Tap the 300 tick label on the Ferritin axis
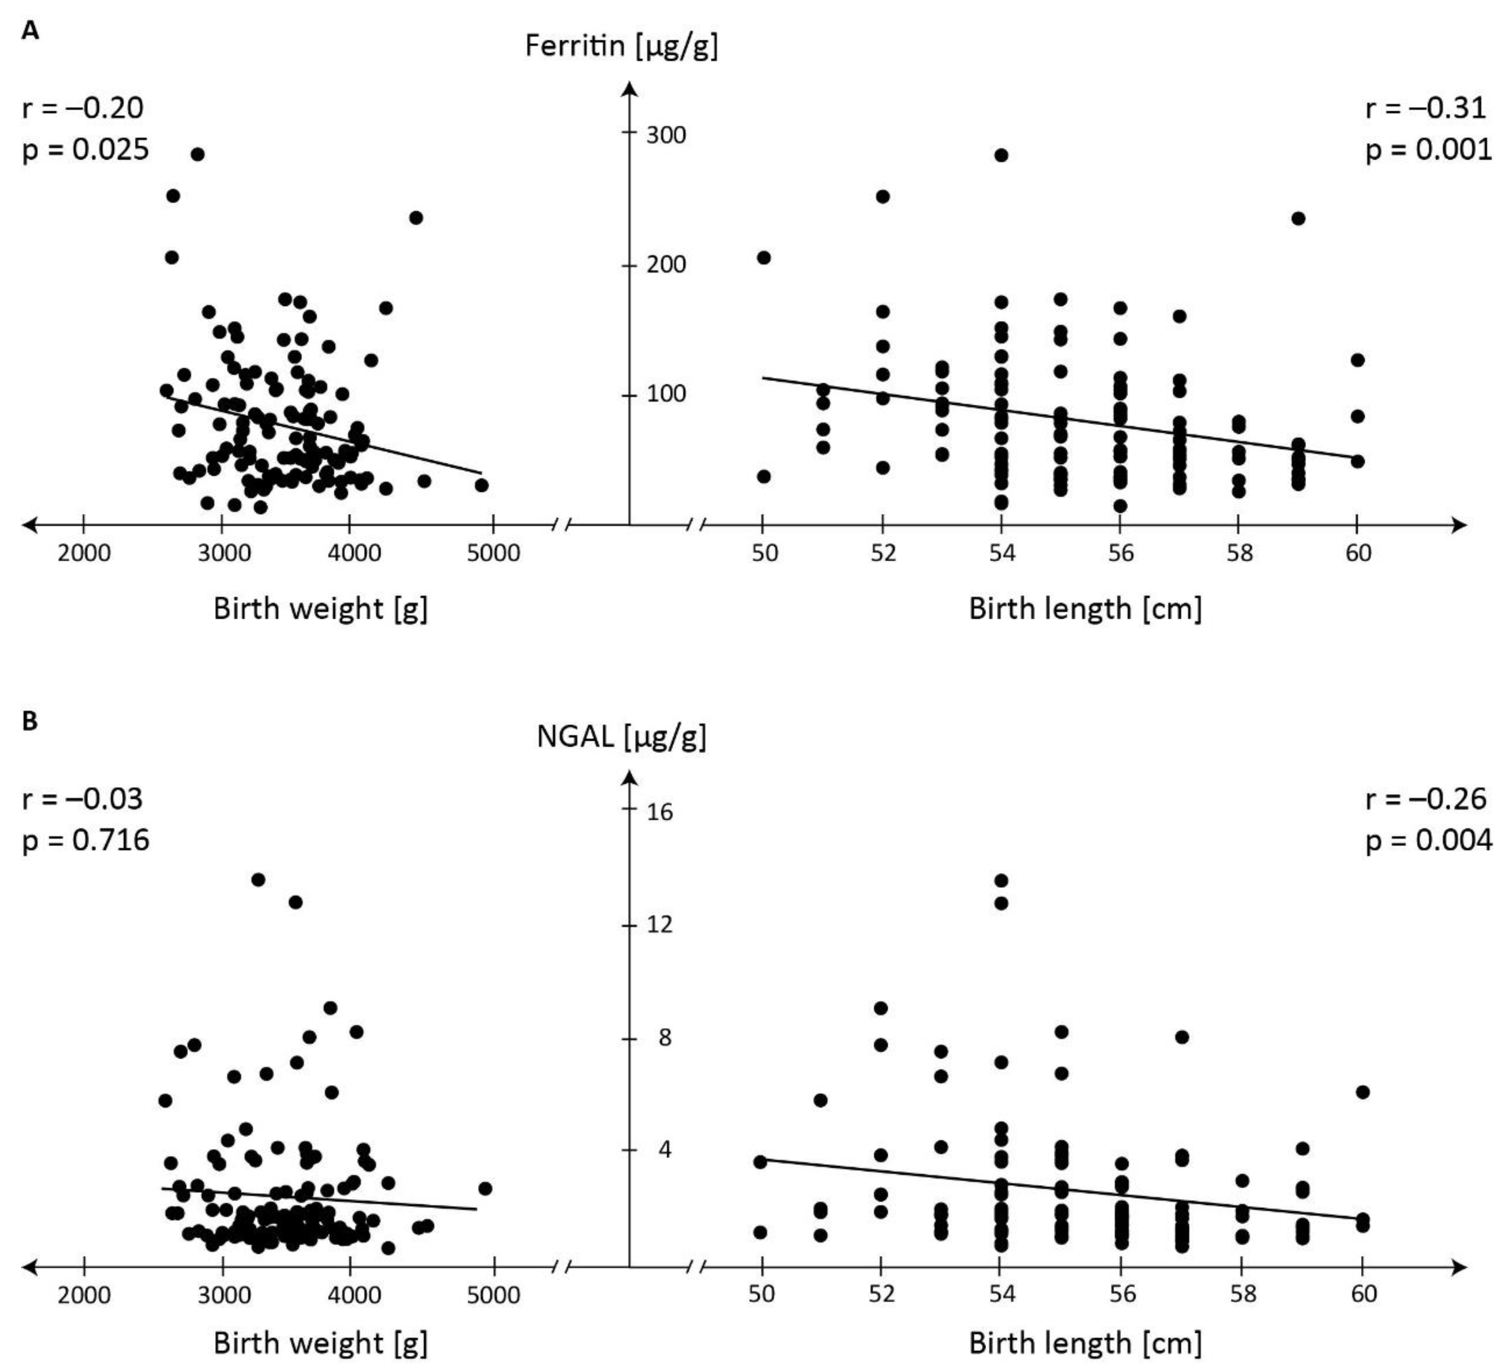[666, 135]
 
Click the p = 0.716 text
[85, 841]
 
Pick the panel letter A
[30, 31]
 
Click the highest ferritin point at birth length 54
[1001, 155]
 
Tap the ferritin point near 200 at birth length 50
[763, 258]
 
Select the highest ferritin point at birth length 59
[1298, 219]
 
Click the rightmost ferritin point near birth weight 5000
[482, 485]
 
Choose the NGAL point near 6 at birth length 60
[1362, 1092]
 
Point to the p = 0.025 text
[85, 150]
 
